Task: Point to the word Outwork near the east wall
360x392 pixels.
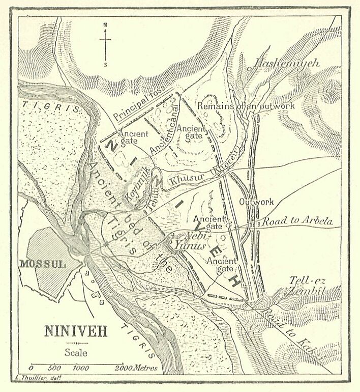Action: tap(256, 202)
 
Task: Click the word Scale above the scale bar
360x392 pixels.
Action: tap(76, 352)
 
